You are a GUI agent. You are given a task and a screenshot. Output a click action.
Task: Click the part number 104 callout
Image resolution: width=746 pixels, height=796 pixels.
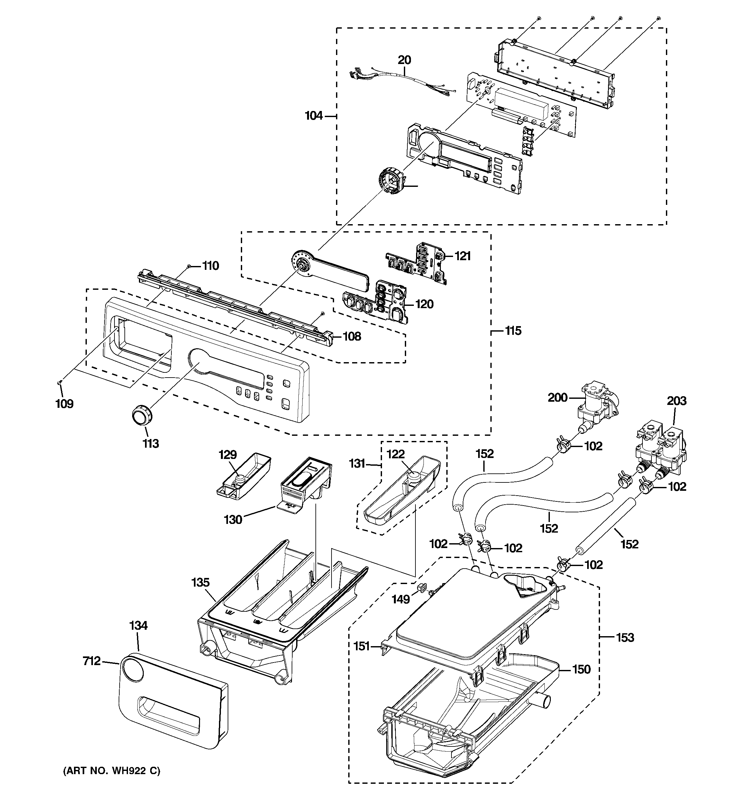point(314,116)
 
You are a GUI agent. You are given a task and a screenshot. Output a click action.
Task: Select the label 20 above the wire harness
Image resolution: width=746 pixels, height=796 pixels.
point(404,60)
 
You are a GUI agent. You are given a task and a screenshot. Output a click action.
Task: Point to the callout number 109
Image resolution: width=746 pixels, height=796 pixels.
point(64,404)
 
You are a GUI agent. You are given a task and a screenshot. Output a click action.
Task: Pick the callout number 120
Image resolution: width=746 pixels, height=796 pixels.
point(424,304)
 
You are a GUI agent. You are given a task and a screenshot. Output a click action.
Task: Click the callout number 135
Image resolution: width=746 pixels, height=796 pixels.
point(200,582)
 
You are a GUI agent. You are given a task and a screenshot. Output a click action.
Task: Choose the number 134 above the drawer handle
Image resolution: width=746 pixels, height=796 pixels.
point(138,626)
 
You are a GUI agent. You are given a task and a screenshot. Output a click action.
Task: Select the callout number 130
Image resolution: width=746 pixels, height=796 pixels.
point(233,520)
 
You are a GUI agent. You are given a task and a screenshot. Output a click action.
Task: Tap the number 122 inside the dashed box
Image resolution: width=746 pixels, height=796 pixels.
point(396,454)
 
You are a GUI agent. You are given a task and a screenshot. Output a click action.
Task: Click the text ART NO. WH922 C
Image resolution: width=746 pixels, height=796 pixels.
point(111,771)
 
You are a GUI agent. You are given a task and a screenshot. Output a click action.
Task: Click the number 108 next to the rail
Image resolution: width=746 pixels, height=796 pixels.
point(351,336)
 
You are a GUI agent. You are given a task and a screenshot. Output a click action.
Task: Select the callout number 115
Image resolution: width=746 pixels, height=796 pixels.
point(513,331)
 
